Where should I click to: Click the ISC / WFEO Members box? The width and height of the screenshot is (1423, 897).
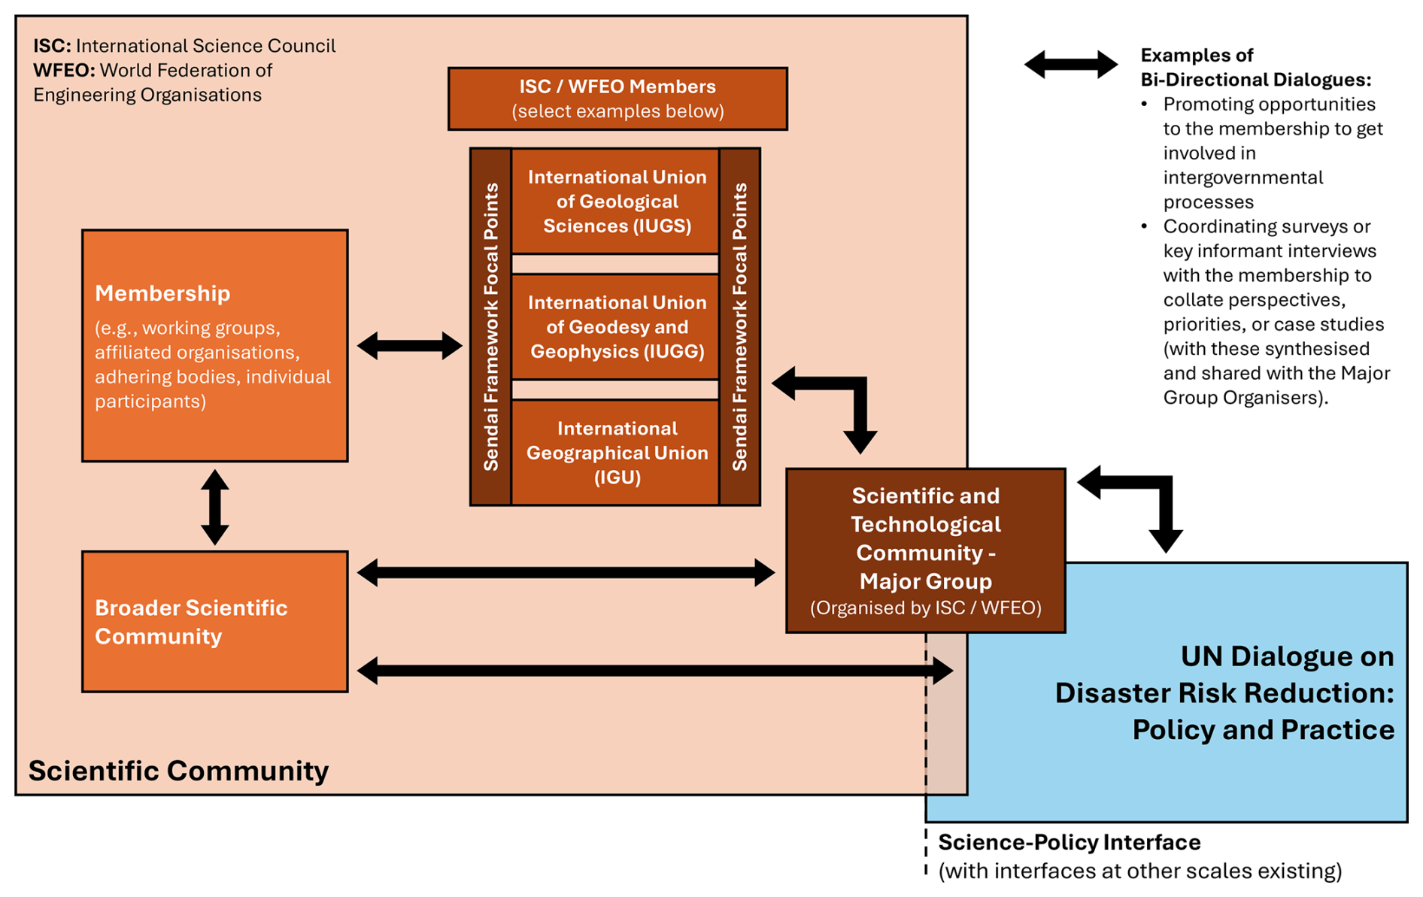[x=617, y=98]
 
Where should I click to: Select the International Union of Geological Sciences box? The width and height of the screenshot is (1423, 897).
[x=616, y=202]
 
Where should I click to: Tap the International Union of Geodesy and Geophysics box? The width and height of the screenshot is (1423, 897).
[x=616, y=327]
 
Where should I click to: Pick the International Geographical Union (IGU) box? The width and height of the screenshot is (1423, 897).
[x=616, y=453]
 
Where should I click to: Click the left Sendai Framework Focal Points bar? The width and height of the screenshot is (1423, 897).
[x=491, y=327]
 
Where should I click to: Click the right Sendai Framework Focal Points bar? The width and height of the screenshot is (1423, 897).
[x=740, y=327]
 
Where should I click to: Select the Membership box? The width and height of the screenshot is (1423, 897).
[x=214, y=346]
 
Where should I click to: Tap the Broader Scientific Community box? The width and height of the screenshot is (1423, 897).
[x=214, y=622]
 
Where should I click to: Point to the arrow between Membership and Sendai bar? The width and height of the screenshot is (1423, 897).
[x=409, y=346]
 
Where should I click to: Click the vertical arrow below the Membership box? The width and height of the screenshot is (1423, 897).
[x=215, y=508]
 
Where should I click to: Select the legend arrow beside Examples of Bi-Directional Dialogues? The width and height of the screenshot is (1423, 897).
[x=1070, y=65]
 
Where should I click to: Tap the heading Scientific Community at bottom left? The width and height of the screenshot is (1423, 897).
[x=178, y=771]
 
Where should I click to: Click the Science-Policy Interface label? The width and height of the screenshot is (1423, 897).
[x=1069, y=842]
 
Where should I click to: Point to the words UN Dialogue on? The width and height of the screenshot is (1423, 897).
[x=1287, y=656]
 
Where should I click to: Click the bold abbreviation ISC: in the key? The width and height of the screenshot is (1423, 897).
[x=52, y=46]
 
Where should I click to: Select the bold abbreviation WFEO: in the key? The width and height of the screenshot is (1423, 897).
[x=64, y=71]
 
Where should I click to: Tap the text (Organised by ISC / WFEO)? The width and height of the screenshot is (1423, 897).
[x=925, y=608]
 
